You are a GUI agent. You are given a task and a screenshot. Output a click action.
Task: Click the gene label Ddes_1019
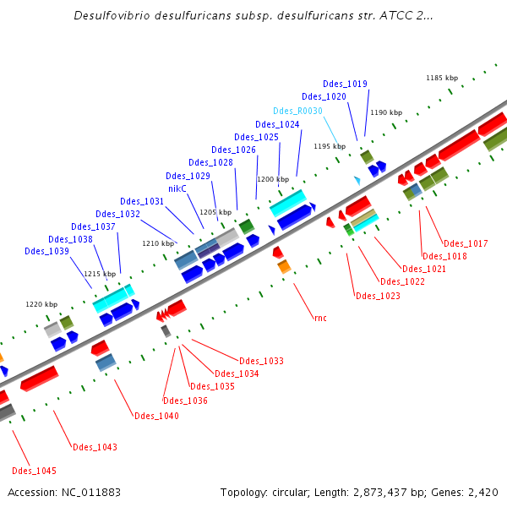point(345,84)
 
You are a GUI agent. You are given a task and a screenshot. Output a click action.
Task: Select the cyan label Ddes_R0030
point(297,111)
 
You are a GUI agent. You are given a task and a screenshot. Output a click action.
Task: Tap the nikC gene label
point(177,188)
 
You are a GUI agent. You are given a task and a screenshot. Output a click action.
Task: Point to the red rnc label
point(320,318)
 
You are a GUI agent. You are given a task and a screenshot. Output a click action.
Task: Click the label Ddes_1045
point(34,471)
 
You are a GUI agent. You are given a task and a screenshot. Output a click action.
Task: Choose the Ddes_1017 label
point(466,243)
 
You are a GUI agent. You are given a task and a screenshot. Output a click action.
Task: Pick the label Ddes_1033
point(261,361)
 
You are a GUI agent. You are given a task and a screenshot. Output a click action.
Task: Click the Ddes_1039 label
point(46,251)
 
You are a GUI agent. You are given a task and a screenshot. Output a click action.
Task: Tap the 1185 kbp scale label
point(441,78)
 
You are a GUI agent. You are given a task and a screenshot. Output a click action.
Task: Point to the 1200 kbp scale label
point(273,179)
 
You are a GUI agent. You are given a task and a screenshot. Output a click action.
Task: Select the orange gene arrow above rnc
point(284,266)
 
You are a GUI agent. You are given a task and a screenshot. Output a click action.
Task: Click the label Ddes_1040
point(156,415)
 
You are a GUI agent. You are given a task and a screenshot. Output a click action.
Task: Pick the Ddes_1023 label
point(378,296)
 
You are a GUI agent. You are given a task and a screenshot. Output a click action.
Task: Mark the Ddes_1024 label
point(277,124)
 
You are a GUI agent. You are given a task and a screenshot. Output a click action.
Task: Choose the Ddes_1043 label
point(95,447)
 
